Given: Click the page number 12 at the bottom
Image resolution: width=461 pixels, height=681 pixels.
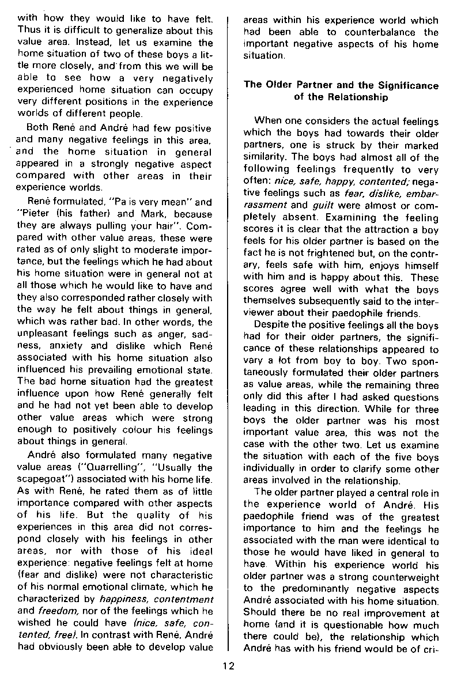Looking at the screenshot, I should tap(229, 667).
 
